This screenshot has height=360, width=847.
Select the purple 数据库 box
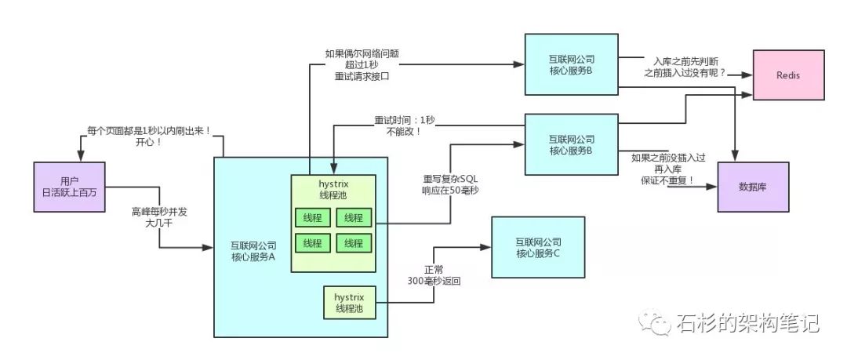tap(754, 186)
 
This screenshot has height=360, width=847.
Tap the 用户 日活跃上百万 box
tap(70, 187)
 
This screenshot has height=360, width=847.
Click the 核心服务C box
tap(538, 248)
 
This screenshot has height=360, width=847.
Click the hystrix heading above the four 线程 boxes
tap(334, 183)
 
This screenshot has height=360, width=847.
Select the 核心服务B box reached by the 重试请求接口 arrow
tap(571, 64)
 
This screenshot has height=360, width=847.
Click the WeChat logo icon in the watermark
tap(648, 322)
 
